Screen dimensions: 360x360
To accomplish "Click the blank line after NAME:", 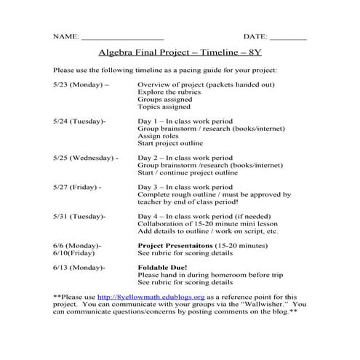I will pyautogui.click(x=122, y=37).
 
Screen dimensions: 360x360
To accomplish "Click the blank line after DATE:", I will pyautogui.click(x=289, y=37).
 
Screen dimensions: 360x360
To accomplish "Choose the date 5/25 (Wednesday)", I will pyautogui.click(x=86, y=157).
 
